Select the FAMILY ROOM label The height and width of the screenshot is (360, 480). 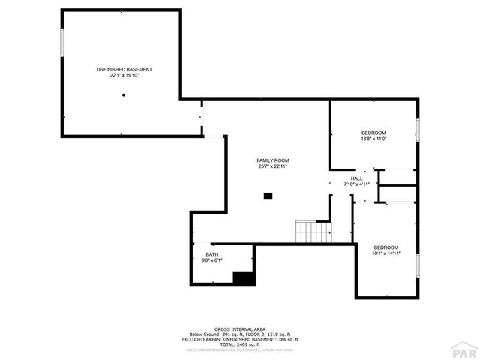click(272, 160)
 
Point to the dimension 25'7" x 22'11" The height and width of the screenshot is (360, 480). click(272, 166)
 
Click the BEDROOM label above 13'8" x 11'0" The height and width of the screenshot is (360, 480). click(373, 133)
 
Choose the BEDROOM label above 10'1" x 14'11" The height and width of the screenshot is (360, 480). click(386, 247)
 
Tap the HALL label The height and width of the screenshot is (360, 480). click(357, 178)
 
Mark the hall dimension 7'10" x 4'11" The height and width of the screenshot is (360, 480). click(357, 184)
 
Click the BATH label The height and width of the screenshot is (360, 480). click(212, 255)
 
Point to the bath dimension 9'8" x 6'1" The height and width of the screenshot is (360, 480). click(212, 261)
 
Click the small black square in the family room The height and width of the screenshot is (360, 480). click(268, 196)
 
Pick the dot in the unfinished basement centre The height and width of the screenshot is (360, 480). click(124, 95)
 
